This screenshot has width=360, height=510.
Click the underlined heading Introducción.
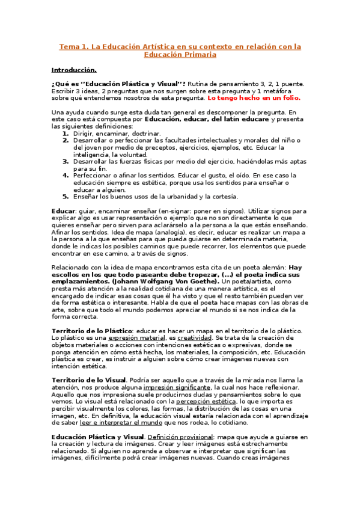point(74,70)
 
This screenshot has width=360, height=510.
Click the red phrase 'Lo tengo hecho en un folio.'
point(254,97)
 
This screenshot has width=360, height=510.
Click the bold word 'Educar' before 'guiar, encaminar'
point(63,211)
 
